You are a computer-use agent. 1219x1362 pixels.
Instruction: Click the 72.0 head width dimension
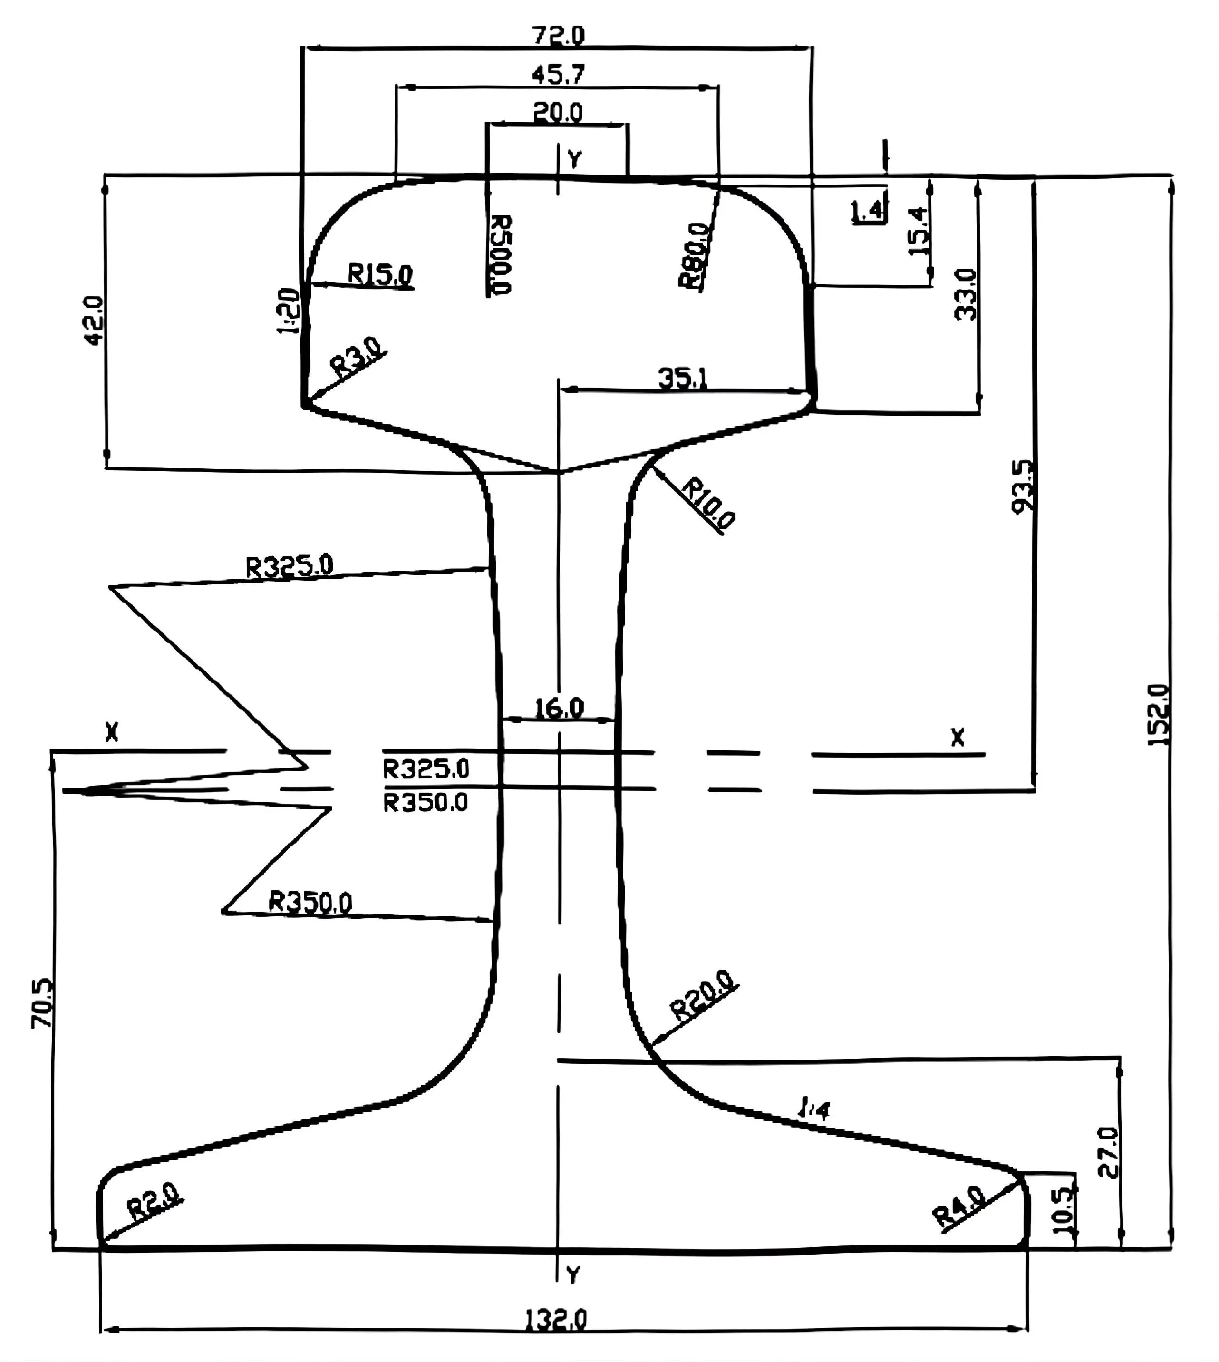(558, 34)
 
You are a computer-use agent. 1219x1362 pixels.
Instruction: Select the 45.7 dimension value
(558, 74)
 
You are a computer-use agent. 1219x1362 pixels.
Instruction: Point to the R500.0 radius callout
(500, 254)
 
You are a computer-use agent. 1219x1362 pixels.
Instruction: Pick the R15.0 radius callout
(380, 274)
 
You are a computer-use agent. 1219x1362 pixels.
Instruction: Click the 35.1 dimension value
(682, 379)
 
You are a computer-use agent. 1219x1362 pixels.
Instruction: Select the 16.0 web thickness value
(559, 708)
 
